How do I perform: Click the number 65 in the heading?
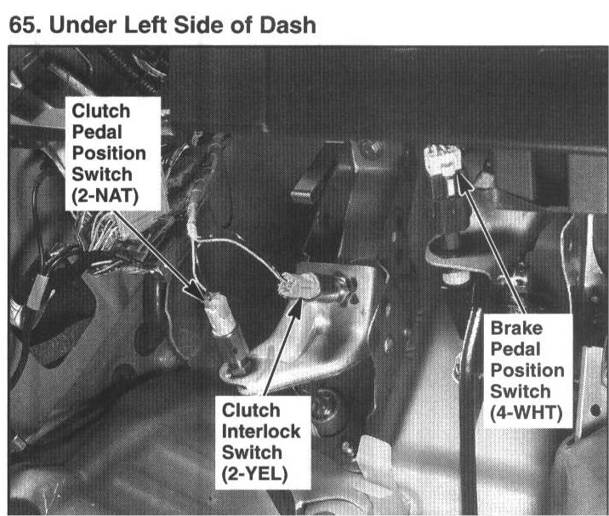[24, 26]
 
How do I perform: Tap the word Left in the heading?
[146, 26]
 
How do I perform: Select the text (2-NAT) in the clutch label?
[105, 196]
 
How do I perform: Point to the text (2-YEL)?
[255, 473]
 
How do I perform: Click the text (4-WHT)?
[526, 413]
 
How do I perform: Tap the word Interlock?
[261, 432]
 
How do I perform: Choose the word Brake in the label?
[516, 328]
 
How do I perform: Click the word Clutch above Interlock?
[251, 410]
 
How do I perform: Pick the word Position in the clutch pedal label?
[109, 153]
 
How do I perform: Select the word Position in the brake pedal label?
[527, 370]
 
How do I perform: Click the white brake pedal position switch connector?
[443, 161]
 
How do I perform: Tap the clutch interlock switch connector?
[299, 287]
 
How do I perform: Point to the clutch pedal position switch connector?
[219, 314]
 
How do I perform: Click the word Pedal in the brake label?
[515, 349]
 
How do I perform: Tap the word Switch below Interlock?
[252, 453]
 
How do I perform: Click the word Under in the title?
[83, 26]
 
